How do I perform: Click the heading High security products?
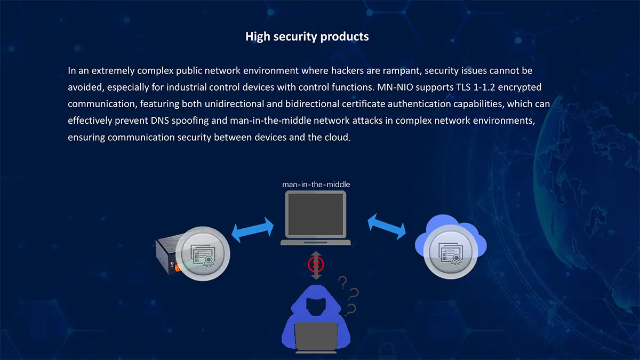[x=307, y=37]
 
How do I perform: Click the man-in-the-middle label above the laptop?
[x=316, y=185]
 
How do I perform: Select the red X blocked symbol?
[x=316, y=264]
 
